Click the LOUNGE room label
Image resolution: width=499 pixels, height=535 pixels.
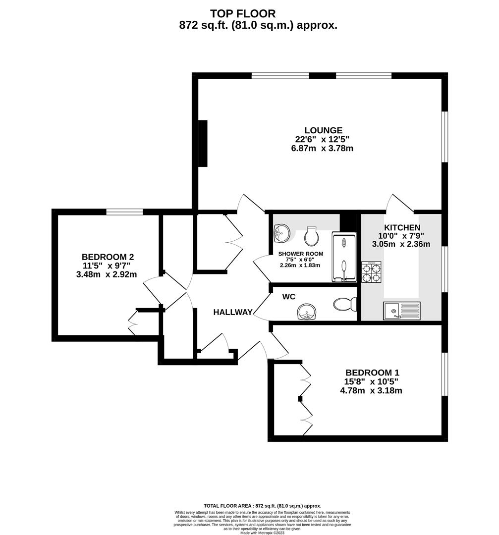coord(323,130)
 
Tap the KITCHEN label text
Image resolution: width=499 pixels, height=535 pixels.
coord(402,227)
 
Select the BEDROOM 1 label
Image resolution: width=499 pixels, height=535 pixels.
coord(372,373)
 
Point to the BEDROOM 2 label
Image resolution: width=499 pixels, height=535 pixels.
coord(108,257)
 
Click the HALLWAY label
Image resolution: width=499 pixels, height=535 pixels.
coord(233,312)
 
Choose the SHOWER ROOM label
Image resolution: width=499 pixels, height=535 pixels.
coord(300,254)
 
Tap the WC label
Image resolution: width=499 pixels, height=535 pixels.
coord(289,297)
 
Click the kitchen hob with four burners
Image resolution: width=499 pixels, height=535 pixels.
coord(372,271)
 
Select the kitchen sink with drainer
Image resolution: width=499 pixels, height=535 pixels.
coord(402,311)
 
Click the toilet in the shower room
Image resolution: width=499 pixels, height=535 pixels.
coord(312,235)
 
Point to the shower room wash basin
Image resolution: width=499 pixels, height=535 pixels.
coord(281,233)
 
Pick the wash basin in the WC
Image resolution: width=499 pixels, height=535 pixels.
coord(307,312)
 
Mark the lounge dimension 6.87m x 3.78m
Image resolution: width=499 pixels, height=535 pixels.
coord(322,149)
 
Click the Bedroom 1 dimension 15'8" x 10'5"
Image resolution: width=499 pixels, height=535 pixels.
coord(371,381)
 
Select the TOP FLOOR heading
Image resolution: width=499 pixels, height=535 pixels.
coord(243,14)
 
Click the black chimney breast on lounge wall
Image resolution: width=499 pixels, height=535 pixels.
coord(203,143)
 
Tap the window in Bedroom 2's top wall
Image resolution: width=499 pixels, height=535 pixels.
coord(124,212)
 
